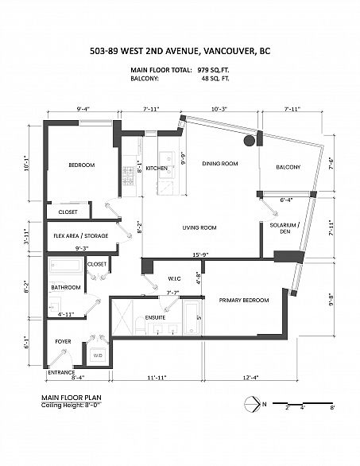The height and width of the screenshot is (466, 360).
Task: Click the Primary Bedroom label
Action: (244, 300)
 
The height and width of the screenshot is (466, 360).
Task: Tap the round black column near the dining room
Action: (250, 141)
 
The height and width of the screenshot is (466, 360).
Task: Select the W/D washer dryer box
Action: (98, 355)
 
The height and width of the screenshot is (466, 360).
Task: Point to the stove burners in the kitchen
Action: (129, 176)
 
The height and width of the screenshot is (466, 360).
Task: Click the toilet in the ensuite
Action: (140, 325)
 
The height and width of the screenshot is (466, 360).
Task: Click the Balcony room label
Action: (288, 167)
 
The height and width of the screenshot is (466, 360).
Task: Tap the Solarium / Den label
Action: (285, 228)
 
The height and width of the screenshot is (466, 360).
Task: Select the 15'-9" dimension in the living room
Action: (200, 254)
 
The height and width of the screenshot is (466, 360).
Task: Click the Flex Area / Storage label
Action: (81, 235)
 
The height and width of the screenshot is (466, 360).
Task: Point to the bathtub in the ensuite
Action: (191, 318)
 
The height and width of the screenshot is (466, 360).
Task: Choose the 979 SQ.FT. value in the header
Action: (213, 70)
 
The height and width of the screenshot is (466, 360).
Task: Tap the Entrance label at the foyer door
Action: (61, 372)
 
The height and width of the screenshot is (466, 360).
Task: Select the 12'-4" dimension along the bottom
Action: (251, 378)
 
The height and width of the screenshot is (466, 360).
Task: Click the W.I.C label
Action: (174, 279)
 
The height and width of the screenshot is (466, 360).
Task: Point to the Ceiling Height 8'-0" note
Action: (72, 405)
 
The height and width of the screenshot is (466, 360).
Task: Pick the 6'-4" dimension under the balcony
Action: (287, 200)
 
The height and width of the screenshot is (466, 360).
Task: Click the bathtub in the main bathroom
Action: (66, 266)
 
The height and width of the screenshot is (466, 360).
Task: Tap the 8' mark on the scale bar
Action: (332, 407)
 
